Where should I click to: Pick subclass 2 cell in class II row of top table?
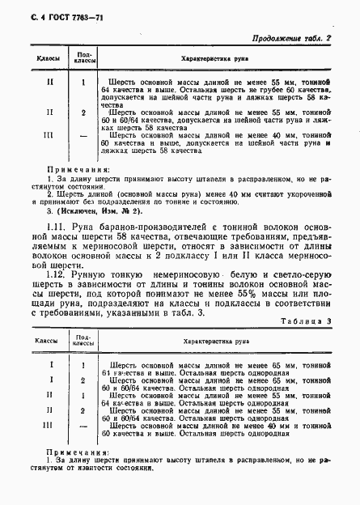pos(84,112)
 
